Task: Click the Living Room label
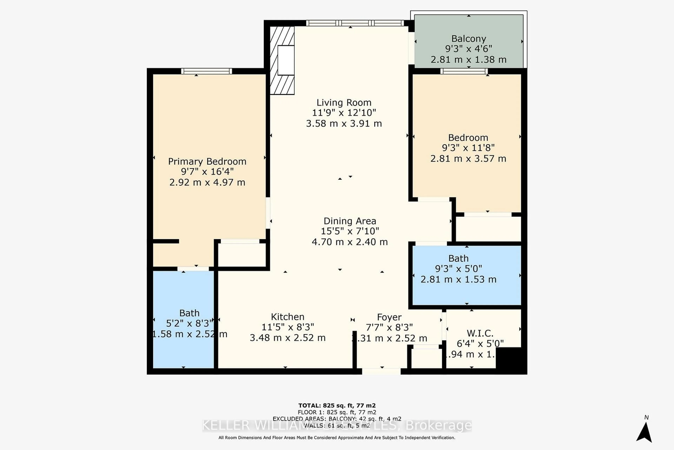click(344, 102)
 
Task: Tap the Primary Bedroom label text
click(207, 161)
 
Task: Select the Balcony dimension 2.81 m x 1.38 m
click(468, 59)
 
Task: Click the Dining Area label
click(350, 221)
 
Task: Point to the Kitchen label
click(288, 317)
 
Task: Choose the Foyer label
click(389, 317)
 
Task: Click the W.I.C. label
click(480, 333)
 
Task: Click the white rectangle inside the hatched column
click(286, 60)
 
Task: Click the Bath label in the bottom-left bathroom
click(189, 313)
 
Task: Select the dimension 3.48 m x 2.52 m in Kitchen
click(288, 338)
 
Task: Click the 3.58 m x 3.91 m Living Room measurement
click(344, 123)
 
